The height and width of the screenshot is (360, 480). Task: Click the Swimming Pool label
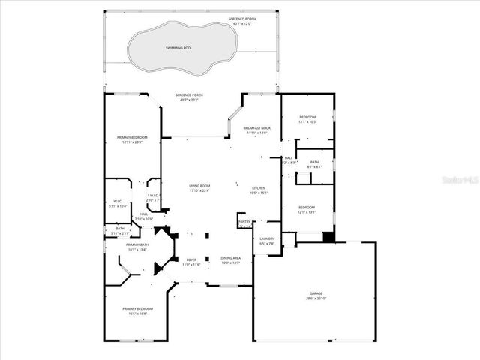178,48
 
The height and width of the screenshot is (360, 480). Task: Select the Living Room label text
199,186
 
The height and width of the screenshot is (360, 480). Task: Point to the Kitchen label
259,187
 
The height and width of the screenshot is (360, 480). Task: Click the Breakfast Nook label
257,128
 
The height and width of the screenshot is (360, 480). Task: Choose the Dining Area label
230,257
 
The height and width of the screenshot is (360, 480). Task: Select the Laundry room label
267,238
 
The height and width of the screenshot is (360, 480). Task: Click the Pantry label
244,222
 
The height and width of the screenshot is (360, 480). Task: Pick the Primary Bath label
137,245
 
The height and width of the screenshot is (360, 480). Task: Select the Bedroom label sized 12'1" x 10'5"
307,118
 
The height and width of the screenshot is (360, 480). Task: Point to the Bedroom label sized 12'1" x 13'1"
307,208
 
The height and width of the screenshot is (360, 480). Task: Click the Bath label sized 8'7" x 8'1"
314,162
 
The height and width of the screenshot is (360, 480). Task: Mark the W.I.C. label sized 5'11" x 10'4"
118,202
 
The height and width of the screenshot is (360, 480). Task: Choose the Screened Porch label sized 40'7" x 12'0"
241,19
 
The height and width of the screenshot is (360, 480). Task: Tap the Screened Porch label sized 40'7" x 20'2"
189,95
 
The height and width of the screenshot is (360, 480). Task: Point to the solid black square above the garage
327,237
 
